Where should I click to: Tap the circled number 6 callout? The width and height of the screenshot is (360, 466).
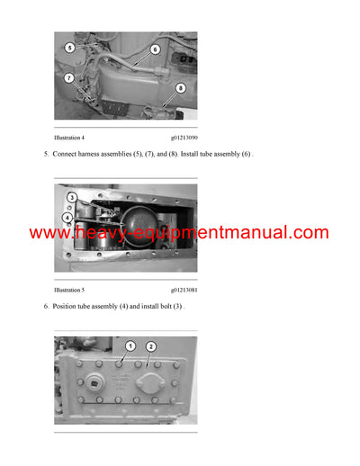pyautogui.click(x=155, y=49)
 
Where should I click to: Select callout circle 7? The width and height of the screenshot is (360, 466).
pyautogui.click(x=68, y=79)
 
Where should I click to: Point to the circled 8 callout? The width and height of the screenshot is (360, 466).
pyautogui.click(x=180, y=88)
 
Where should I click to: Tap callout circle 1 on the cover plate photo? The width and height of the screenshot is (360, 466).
pyautogui.click(x=130, y=346)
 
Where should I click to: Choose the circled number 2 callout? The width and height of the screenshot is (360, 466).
pyautogui.click(x=151, y=346)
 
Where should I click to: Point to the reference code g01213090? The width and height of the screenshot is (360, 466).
pyautogui.click(x=184, y=137)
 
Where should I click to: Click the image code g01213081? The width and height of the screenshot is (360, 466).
pyautogui.click(x=184, y=291)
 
